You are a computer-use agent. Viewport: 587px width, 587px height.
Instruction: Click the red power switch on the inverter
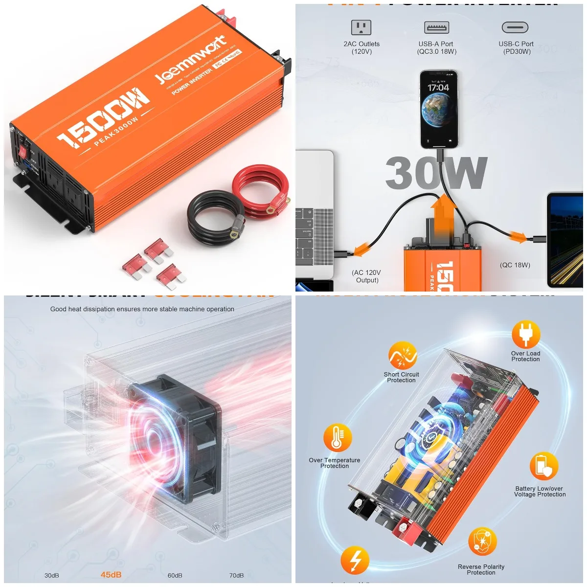(x=22, y=152)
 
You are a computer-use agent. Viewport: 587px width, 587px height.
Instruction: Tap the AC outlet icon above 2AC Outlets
(x=361, y=27)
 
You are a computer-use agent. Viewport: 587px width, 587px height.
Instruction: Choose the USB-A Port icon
(x=437, y=27)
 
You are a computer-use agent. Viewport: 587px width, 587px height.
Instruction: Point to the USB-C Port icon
(x=515, y=27)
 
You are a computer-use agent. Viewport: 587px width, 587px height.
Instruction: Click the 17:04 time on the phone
(x=438, y=88)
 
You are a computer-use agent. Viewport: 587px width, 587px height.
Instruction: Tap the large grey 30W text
(x=436, y=173)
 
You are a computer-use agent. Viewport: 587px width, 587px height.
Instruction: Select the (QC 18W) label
(x=515, y=265)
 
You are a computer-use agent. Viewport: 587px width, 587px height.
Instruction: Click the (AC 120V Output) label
(x=366, y=276)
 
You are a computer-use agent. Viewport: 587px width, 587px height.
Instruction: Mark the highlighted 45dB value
(x=111, y=575)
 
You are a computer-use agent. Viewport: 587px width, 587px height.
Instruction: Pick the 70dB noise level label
(x=236, y=575)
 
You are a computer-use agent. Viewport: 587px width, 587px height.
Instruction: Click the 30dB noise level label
(x=51, y=575)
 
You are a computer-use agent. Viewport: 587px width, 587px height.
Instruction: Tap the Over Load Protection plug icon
(x=526, y=335)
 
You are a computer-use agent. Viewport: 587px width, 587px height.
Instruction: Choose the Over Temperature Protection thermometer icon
(x=337, y=438)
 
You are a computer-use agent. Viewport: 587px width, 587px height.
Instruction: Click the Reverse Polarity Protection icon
(x=482, y=542)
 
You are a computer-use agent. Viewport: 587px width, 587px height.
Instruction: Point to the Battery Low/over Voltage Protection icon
(x=543, y=466)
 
